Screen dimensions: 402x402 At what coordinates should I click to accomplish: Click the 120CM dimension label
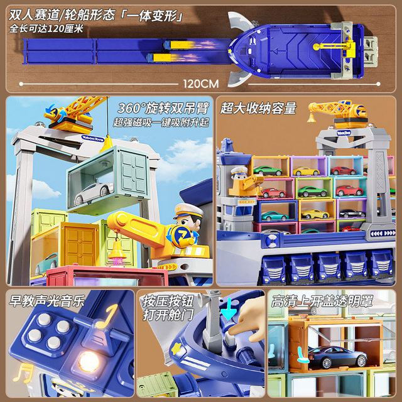point(201,84)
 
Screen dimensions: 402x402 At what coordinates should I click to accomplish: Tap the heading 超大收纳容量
point(258,108)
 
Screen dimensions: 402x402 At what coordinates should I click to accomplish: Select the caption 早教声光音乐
point(46,300)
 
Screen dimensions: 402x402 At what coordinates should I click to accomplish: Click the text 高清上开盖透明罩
point(322,301)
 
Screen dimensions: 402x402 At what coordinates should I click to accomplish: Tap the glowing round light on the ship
point(89,362)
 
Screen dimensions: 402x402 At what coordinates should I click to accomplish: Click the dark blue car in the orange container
point(337,356)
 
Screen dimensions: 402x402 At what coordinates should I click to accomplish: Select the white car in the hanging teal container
point(94,193)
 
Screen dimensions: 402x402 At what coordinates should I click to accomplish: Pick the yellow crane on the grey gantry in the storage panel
point(338,114)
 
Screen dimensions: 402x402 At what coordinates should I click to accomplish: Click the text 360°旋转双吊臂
point(163,108)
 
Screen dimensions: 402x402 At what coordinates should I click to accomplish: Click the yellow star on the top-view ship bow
point(230,51)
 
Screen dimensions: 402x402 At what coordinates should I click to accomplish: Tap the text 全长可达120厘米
point(46,28)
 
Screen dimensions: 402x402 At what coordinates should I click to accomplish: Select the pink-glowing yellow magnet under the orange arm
point(117,252)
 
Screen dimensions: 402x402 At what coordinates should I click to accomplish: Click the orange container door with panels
point(80,246)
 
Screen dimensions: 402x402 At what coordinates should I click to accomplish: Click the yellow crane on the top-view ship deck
point(334,47)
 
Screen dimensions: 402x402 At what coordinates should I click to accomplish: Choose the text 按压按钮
point(168,301)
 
